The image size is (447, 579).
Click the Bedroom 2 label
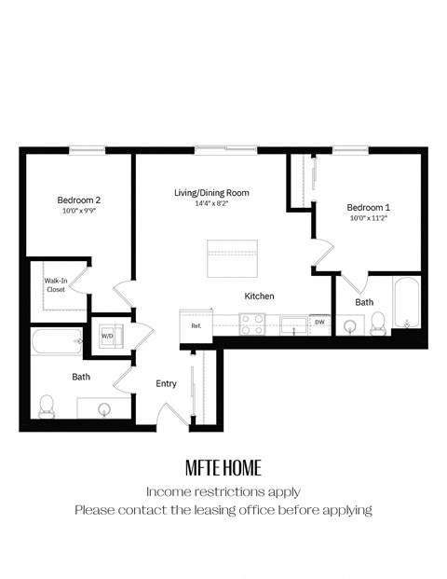pyautogui.click(x=78, y=200)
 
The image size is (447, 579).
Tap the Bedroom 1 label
pyautogui.click(x=369, y=207)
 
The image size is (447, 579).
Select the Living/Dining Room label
pyautogui.click(x=211, y=193)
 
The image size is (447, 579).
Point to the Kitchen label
pyautogui.click(x=259, y=296)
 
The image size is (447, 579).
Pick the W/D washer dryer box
pyautogui.click(x=107, y=336)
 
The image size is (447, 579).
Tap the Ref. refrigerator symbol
pyautogui.click(x=196, y=325)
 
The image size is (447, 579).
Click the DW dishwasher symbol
pyautogui.click(x=319, y=323)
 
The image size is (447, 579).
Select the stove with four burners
pyautogui.click(x=251, y=324)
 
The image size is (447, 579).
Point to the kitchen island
pyautogui.click(x=231, y=257)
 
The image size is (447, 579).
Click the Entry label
pyautogui.click(x=166, y=383)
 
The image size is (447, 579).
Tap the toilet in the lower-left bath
pyautogui.click(x=47, y=406)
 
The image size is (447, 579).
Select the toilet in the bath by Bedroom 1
pyautogui.click(x=378, y=323)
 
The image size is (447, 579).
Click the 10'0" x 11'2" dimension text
pyautogui.click(x=369, y=218)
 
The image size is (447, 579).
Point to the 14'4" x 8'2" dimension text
pyautogui.click(x=211, y=203)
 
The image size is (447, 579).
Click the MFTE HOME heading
pyautogui.click(x=223, y=466)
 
